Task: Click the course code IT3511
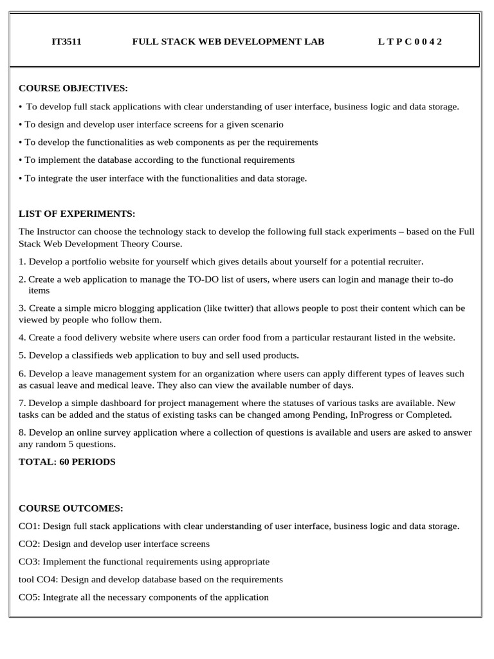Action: tap(66, 42)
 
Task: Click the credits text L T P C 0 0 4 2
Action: tap(410, 42)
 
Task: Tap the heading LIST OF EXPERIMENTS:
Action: tap(77, 214)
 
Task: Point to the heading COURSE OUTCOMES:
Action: tap(71, 508)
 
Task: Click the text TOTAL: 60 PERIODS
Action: tap(68, 461)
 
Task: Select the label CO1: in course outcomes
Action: tap(29, 526)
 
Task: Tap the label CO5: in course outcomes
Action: tap(29, 597)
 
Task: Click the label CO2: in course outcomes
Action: tap(29, 544)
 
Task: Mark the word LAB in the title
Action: tap(314, 42)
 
